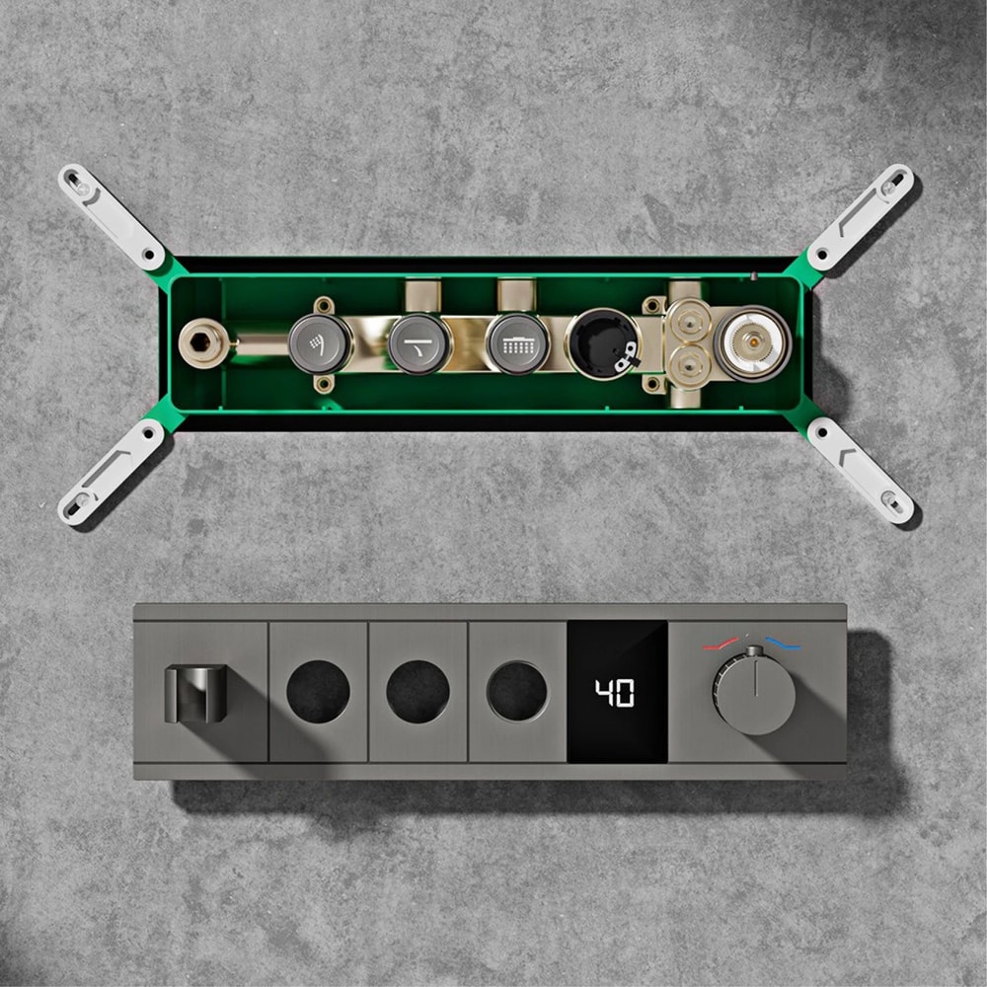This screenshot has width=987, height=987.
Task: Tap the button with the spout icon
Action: point(418,343)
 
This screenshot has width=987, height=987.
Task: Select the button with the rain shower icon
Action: point(518,343)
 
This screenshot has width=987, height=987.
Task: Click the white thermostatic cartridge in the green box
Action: point(752,342)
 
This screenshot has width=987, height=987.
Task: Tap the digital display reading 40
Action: point(617,693)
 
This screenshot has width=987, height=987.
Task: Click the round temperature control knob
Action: point(755,690)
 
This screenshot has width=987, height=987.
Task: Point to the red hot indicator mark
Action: point(718,645)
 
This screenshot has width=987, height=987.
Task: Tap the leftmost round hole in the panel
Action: point(318,691)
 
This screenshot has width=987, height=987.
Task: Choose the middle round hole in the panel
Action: point(418,691)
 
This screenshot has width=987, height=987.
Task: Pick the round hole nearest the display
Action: point(517,691)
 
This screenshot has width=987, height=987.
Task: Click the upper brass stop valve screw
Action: point(688,320)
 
